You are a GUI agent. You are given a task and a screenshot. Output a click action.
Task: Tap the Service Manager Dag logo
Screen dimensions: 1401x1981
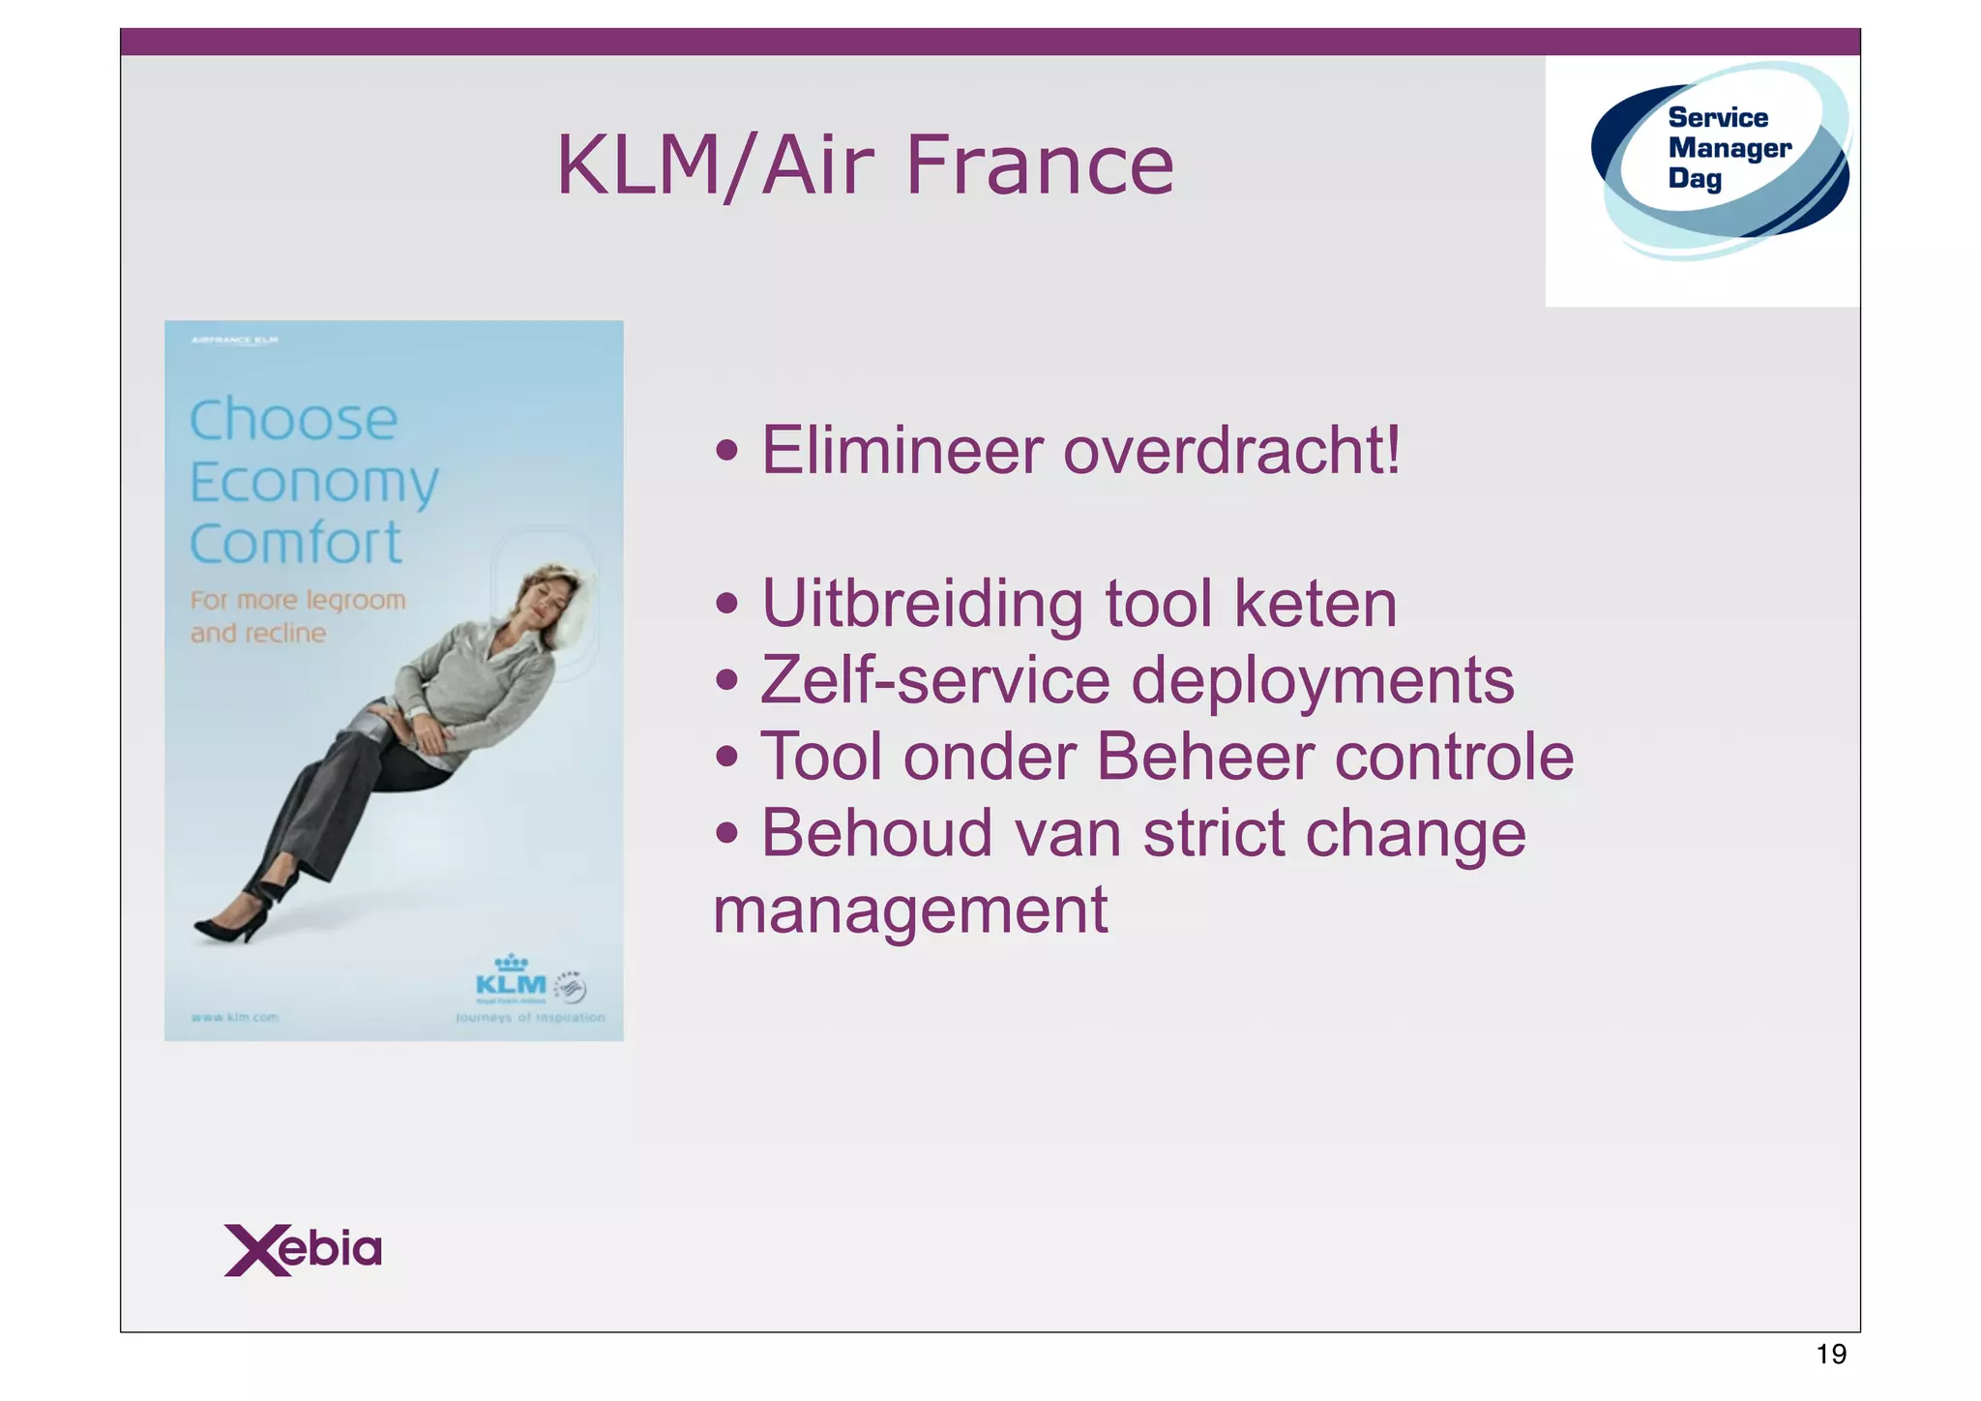[1720, 160]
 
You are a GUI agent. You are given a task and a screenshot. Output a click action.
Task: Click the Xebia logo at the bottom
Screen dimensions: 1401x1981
[303, 1249]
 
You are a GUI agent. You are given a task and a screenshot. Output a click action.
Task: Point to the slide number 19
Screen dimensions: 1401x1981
[1831, 1354]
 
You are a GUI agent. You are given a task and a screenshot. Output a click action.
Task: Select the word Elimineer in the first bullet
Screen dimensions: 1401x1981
[902, 451]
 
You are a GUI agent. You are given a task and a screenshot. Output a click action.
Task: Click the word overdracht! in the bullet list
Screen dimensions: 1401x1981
[1231, 451]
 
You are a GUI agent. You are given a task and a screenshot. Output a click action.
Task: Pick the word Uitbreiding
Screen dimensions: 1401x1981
[922, 605]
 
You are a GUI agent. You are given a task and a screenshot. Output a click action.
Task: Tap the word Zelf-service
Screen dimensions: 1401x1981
[934, 680]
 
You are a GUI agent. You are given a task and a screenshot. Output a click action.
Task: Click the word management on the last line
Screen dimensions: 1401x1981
[910, 910]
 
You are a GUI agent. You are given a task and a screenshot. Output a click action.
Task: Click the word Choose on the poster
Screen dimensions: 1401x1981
[293, 420]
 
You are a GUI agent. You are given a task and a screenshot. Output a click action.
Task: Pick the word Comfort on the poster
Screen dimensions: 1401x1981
[295, 544]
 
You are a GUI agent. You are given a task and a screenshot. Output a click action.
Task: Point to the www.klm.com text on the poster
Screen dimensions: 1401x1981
[235, 1018]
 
